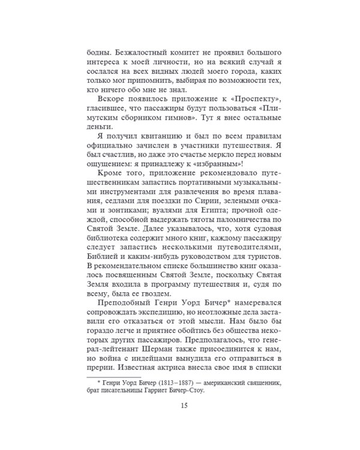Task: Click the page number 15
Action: [x=184, y=405]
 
